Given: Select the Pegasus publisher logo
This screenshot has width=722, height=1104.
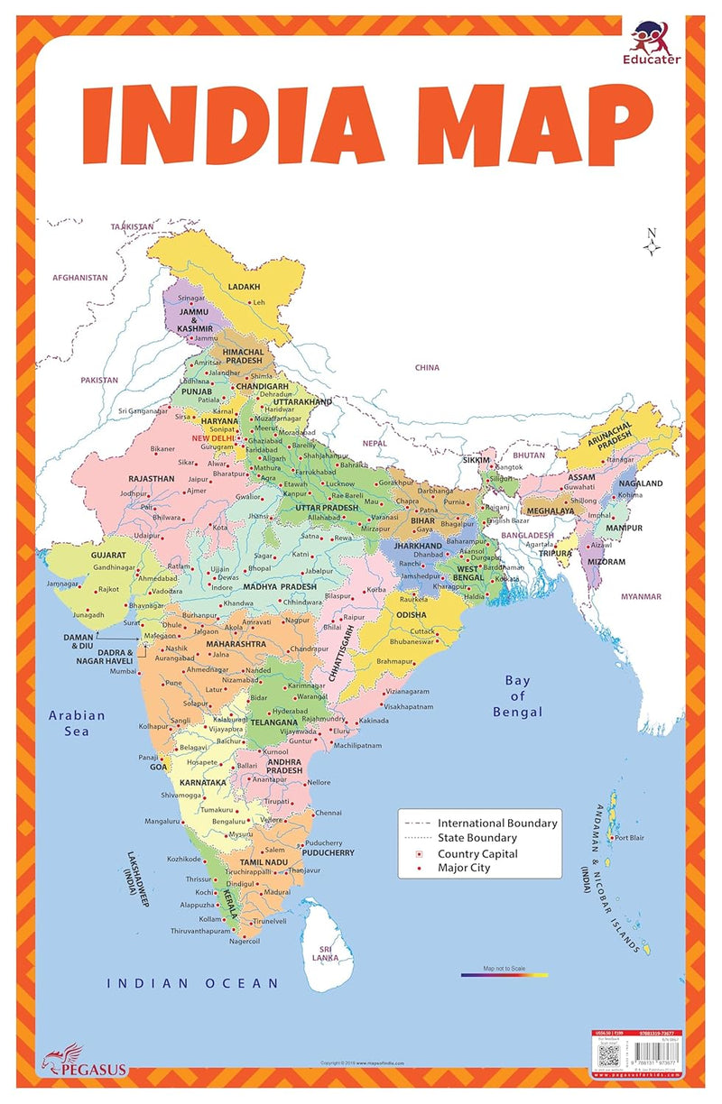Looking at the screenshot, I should (83, 1063).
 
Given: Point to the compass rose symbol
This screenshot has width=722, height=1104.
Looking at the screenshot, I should (651, 241).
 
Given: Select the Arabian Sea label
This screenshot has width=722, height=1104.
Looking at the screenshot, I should (77, 722).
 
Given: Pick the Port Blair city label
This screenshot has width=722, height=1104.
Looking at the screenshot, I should (629, 838).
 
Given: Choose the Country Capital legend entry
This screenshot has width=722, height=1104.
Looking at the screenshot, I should (477, 853).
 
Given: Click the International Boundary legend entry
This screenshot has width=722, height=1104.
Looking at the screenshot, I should (496, 823).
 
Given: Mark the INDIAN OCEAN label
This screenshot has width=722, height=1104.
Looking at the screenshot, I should (192, 983).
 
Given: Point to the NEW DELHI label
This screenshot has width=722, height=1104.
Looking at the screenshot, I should (213, 438).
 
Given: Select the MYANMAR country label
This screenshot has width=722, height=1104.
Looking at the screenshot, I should (641, 596).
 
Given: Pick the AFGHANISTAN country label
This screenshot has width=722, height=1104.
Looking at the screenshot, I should (79, 279).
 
